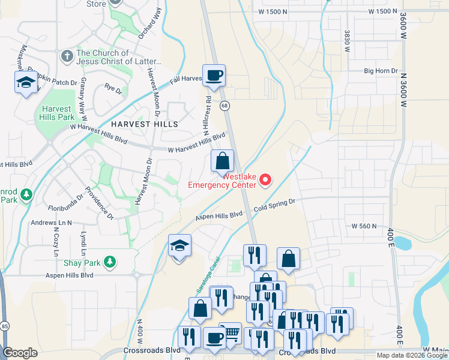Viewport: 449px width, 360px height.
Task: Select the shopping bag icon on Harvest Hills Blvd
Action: tap(222, 161)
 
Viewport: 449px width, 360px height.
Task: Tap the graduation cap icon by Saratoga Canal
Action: tap(179, 246)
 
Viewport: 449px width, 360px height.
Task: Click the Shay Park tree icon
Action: tap(109, 261)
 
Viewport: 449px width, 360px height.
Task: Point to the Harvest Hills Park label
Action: tap(58, 113)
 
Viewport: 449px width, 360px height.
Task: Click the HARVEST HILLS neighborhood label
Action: tap(144, 124)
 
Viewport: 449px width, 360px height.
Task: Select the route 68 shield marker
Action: tap(224, 106)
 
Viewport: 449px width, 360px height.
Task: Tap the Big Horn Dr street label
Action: tap(381, 71)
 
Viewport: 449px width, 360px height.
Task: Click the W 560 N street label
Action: tap(364, 226)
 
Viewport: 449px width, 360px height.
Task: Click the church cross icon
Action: tap(67, 56)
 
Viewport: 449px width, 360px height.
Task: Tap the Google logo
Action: tap(20, 353)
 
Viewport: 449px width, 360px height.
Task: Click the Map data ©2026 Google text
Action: tap(411, 355)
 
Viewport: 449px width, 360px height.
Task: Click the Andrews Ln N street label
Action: tap(51, 223)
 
